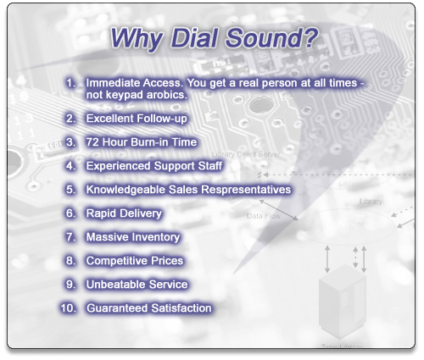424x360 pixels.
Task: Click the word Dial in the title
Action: (x=194, y=38)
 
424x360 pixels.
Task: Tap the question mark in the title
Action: (x=310, y=37)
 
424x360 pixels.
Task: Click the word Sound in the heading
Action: (x=264, y=38)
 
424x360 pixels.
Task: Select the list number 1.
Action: (x=70, y=83)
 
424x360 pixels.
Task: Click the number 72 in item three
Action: (x=92, y=142)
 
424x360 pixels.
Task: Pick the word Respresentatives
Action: (x=246, y=190)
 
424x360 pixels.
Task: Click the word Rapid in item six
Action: (x=99, y=213)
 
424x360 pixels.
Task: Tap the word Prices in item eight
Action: (x=167, y=261)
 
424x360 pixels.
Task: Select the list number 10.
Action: (x=69, y=308)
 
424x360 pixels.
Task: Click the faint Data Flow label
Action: (x=264, y=216)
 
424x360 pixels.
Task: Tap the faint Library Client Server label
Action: (x=246, y=154)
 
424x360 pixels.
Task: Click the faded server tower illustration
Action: (x=343, y=302)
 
